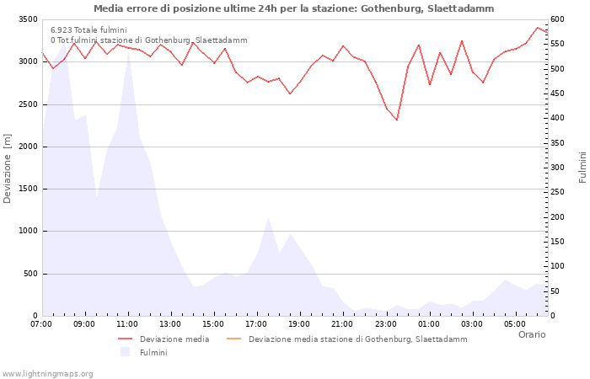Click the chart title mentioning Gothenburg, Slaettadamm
(x=293, y=8)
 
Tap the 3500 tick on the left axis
(x=28, y=19)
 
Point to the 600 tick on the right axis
(x=557, y=19)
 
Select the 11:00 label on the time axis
(x=127, y=324)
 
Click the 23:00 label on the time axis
(x=386, y=324)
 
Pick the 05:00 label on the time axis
(x=515, y=324)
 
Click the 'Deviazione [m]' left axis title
(x=7, y=168)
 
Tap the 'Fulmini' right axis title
(x=582, y=168)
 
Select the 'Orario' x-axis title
(x=532, y=334)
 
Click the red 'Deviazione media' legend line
(x=126, y=339)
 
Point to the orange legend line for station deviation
(x=234, y=339)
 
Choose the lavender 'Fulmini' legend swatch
(x=126, y=352)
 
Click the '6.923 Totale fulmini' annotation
(x=88, y=30)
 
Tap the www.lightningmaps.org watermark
(x=47, y=374)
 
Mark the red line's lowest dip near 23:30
(x=397, y=120)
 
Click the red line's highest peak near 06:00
(x=537, y=28)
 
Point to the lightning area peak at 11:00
(x=129, y=51)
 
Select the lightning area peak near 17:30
(x=268, y=217)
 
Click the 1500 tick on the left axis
(x=28, y=189)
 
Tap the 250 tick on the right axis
(x=557, y=192)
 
